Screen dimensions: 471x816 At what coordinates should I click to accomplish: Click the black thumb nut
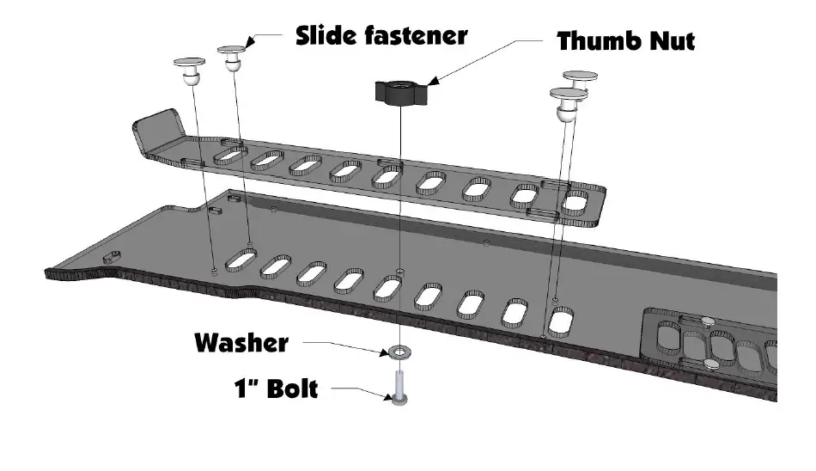[x=399, y=91]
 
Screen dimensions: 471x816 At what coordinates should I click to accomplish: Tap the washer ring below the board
[x=399, y=352]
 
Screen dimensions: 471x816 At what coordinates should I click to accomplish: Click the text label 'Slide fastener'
[x=381, y=35]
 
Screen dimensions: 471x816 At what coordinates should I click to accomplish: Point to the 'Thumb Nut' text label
[x=625, y=40]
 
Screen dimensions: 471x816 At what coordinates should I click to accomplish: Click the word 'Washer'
[x=241, y=343]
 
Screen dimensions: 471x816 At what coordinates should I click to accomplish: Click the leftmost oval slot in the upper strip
[x=228, y=154]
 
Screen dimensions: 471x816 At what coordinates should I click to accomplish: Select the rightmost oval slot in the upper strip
[x=575, y=203]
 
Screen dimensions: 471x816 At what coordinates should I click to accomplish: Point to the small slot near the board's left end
[x=112, y=256]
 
